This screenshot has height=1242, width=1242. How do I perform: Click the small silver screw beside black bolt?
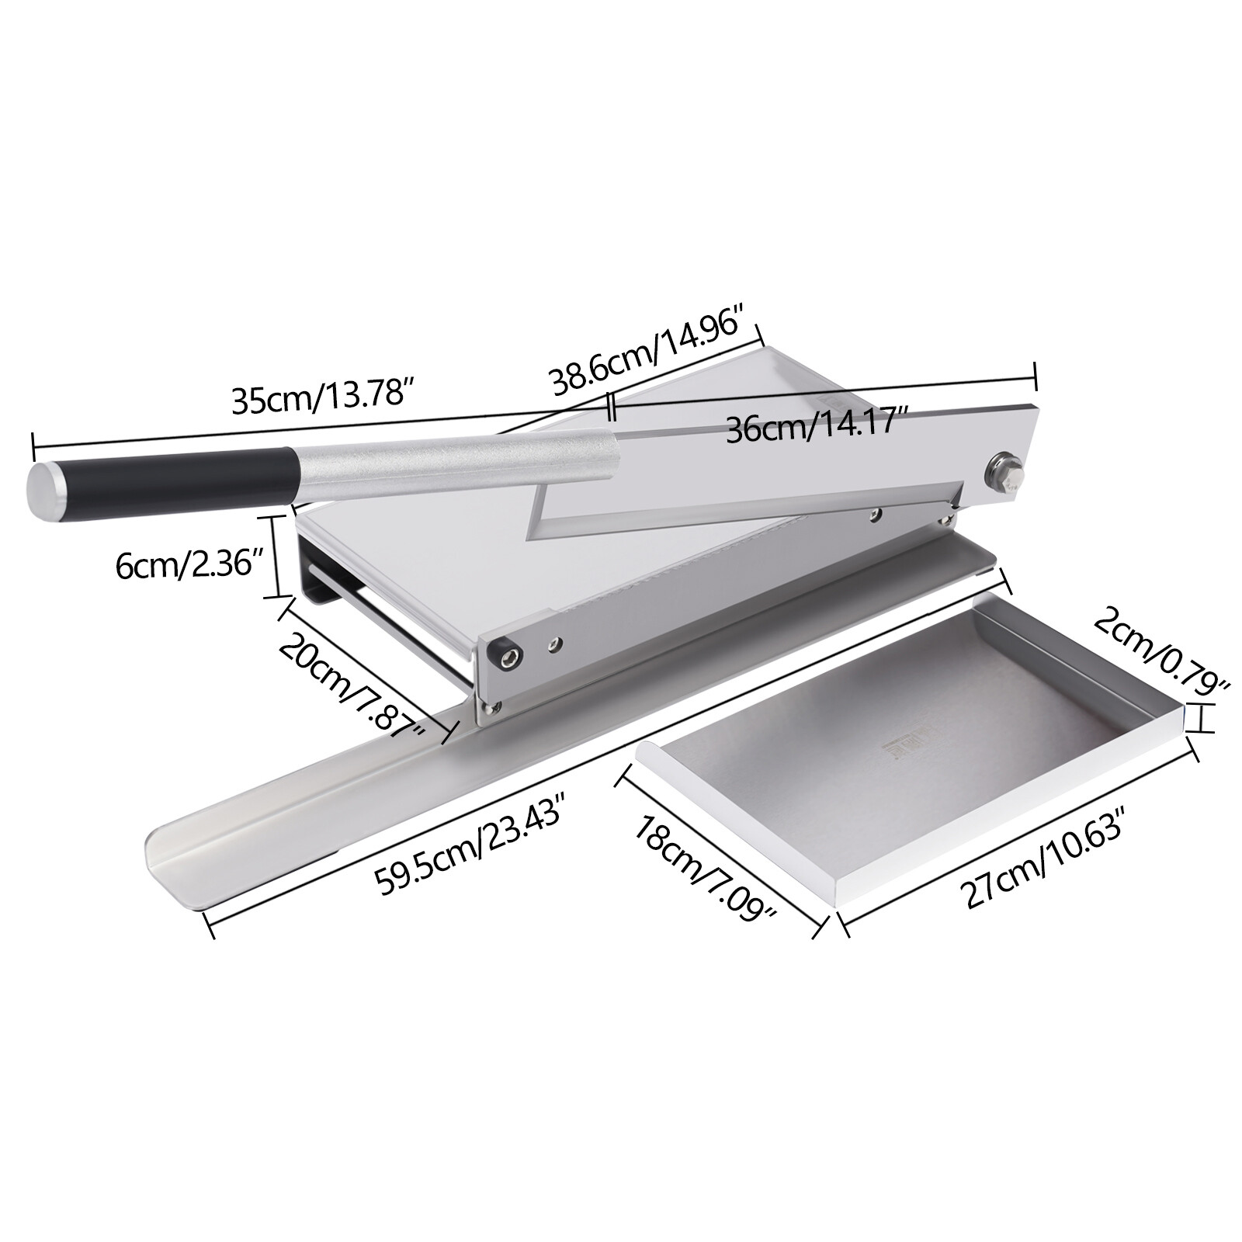554,642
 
